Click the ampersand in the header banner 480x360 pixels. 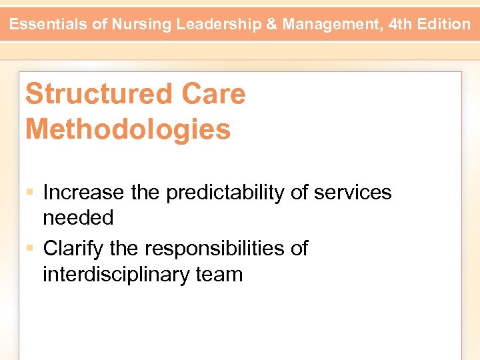point(272,25)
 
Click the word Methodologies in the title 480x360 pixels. point(128,129)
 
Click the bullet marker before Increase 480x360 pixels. point(31,193)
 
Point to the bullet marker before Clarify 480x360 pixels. point(31,249)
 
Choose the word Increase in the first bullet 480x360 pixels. point(83,193)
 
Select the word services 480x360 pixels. point(353,193)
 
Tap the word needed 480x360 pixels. point(78,217)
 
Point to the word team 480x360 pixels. point(219,273)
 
